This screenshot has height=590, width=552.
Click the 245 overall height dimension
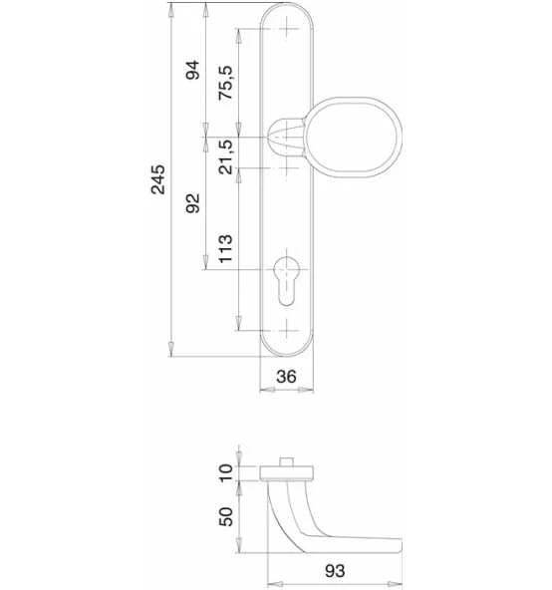(158, 179)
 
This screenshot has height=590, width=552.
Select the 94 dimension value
(192, 70)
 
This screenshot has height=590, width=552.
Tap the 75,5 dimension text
(226, 83)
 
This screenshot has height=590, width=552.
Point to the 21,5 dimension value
(226, 156)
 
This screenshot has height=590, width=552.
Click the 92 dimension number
(192, 203)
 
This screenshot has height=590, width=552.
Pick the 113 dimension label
(226, 249)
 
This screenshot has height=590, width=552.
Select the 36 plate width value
(286, 377)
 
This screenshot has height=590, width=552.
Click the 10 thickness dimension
(226, 473)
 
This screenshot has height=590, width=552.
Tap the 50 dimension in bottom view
(226, 516)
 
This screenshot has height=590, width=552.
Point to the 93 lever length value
(335, 571)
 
